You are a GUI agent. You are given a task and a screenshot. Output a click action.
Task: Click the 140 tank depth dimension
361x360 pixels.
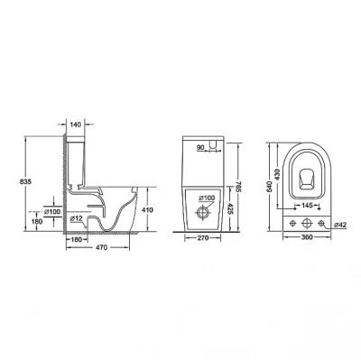pos(76,125)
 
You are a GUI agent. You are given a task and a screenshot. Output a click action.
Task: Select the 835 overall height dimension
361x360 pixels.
pos(25,181)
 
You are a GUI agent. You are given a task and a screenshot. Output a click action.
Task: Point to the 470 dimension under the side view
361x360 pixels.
pos(101,247)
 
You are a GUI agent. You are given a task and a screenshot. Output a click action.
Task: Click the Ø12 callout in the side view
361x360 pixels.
pos(76,218)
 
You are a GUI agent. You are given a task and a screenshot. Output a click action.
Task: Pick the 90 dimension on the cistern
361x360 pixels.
pos(200,147)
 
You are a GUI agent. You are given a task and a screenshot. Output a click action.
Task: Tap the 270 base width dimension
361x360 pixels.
pos(203,238)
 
